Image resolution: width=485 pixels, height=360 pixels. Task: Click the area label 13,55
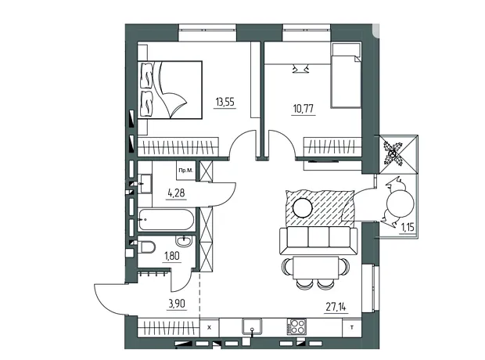click(225, 102)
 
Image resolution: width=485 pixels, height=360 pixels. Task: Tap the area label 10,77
click(304, 109)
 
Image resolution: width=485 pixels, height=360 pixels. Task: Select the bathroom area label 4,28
click(176, 193)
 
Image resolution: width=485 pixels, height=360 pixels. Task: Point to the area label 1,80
click(172, 256)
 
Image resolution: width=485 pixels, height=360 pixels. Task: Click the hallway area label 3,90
click(177, 304)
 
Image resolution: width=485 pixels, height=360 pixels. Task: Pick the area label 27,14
click(336, 307)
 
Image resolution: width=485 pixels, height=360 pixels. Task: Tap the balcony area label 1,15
click(408, 228)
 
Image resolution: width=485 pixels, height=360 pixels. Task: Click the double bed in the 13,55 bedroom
click(170, 90)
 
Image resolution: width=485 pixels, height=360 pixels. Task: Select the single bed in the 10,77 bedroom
click(346, 75)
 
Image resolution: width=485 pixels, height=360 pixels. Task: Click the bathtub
click(167, 220)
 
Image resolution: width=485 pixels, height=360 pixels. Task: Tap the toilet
click(146, 247)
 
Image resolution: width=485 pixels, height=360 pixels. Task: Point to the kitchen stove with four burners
click(296, 326)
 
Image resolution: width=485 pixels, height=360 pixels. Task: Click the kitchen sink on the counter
click(252, 327)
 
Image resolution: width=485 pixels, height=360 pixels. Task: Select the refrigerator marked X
click(210, 327)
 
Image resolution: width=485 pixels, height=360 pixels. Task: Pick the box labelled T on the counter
click(352, 327)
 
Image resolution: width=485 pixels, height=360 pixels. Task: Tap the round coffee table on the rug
click(303, 207)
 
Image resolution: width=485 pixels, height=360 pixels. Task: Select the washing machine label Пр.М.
click(186, 170)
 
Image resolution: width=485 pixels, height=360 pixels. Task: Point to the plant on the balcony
click(392, 153)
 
